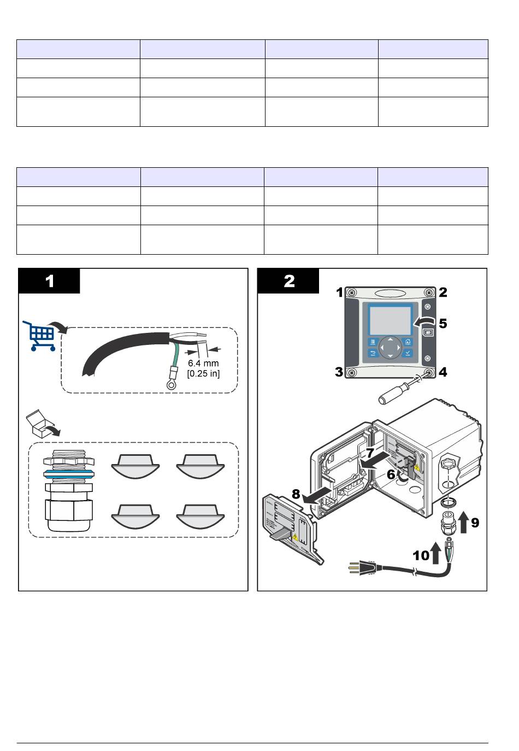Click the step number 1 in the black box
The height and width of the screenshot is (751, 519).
(50, 281)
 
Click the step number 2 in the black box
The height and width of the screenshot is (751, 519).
(289, 281)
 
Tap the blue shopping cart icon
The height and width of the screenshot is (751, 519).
(39, 335)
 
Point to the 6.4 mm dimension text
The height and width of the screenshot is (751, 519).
(203, 363)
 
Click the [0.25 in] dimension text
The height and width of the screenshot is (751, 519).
(203, 374)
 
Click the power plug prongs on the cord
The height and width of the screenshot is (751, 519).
(351, 569)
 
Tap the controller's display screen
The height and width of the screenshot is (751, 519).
(390, 320)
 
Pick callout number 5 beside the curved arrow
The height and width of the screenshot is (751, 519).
(443, 323)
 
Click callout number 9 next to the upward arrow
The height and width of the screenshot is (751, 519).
(475, 523)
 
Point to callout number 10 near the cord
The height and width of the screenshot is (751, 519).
(421, 556)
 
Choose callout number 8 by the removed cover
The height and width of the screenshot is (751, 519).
(296, 494)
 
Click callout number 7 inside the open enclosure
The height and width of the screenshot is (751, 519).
(370, 453)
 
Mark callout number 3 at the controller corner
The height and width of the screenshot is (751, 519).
(339, 372)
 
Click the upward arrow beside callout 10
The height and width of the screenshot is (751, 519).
(436, 552)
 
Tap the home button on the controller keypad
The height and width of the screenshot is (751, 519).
(408, 342)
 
